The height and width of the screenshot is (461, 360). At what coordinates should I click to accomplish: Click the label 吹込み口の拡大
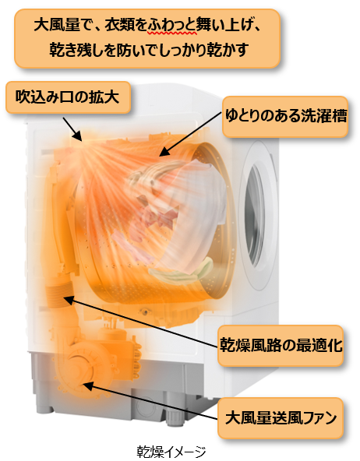[67, 97]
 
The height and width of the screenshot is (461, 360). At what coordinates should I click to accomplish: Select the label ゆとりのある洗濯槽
[286, 115]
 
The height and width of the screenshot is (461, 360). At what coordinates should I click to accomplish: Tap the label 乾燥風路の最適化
[281, 344]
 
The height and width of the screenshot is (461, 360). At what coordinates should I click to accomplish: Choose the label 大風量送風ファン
[281, 417]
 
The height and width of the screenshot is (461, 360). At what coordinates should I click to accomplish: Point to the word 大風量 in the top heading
[57, 25]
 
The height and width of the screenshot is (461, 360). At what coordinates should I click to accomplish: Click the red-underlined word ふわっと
[172, 25]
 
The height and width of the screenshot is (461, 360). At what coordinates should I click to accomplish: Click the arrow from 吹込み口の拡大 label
[72, 129]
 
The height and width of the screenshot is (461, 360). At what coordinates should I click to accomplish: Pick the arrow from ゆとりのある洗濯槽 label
[190, 134]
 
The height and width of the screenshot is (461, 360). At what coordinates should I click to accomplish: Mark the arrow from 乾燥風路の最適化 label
[142, 322]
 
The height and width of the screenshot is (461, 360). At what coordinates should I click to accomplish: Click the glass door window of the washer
[256, 216]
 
